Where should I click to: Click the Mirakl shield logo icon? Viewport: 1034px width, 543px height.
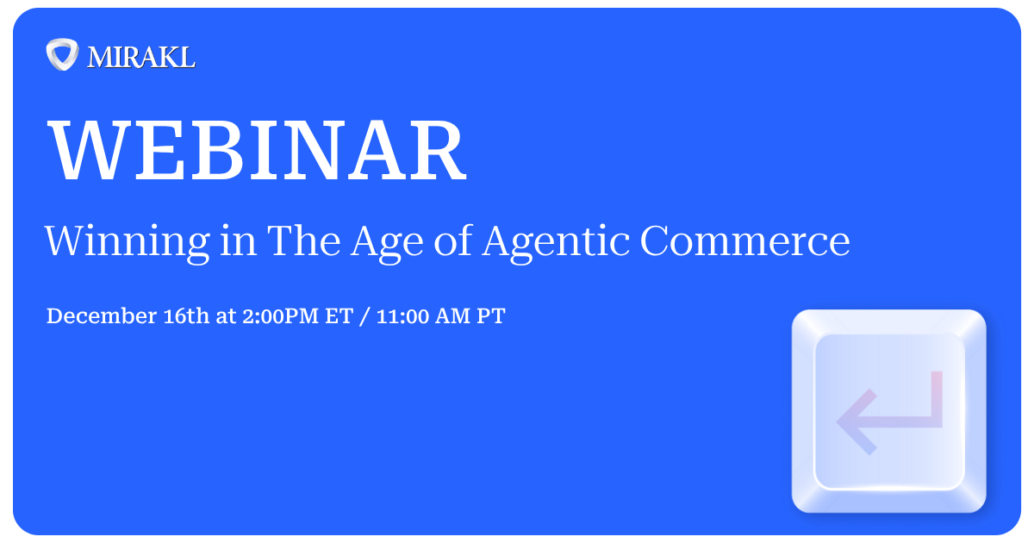[x=62, y=55]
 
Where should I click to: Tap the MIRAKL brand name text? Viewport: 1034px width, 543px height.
[x=141, y=57]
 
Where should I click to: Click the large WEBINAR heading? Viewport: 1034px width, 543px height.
[x=257, y=152]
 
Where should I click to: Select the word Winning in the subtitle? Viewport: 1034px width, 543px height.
[x=126, y=241]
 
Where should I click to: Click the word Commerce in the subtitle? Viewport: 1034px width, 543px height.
[x=744, y=241]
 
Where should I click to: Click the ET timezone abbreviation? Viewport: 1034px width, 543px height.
[x=338, y=316]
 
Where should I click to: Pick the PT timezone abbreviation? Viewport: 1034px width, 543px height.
[x=491, y=316]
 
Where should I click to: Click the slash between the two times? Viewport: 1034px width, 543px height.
[x=365, y=316]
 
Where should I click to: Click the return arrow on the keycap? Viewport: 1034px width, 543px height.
[x=889, y=411]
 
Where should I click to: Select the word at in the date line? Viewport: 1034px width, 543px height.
[x=226, y=316]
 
